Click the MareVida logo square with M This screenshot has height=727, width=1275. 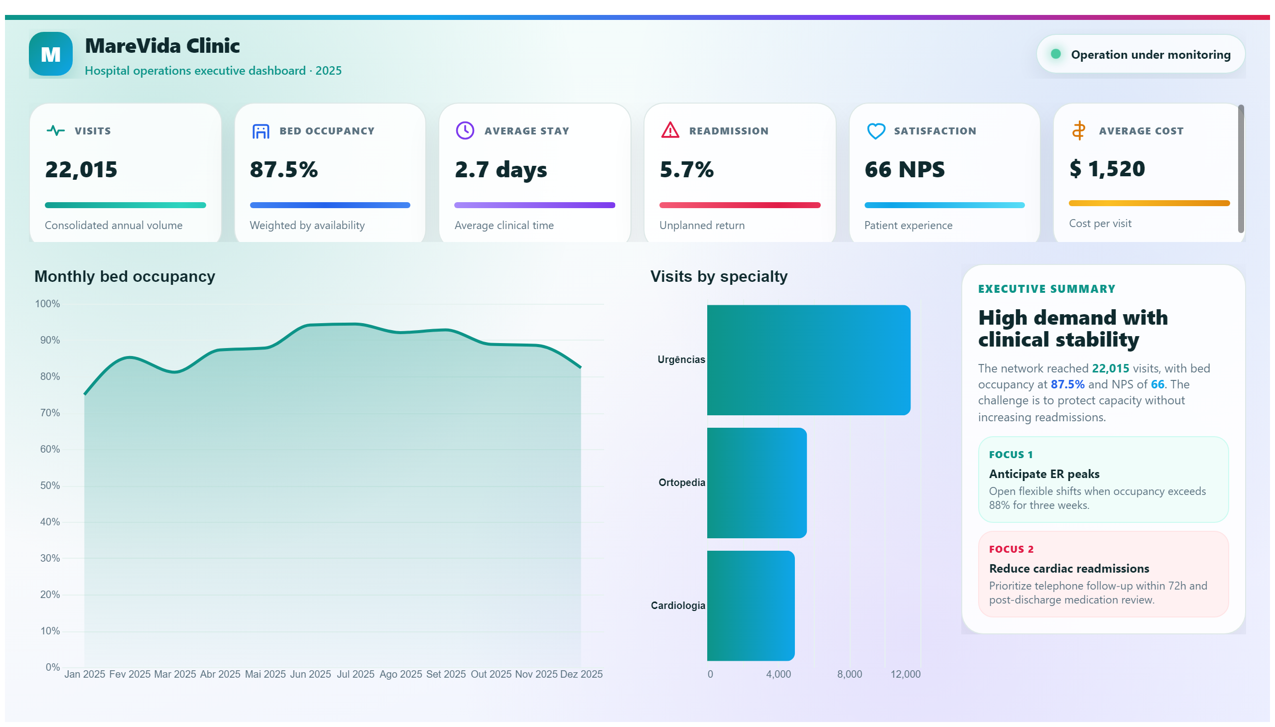tap(50, 54)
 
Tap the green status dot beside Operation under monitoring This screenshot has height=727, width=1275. tap(1055, 54)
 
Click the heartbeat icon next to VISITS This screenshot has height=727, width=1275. tap(55, 131)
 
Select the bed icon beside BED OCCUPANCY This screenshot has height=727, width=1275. tap(260, 131)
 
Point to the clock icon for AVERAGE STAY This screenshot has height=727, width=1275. tap(465, 130)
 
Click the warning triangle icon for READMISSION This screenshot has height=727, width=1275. tap(670, 130)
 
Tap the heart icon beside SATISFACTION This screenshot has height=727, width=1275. tap(876, 131)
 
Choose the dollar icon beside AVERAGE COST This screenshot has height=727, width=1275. tap(1079, 130)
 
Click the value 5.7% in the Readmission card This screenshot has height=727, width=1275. tap(687, 169)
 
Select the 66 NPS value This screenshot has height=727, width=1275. tap(904, 169)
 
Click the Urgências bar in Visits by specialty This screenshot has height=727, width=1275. tap(808, 360)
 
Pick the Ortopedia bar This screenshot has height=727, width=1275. tap(757, 483)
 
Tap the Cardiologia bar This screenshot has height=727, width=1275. tap(751, 606)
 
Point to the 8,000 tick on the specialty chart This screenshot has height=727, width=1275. tap(850, 674)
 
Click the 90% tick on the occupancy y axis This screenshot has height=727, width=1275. tap(50, 340)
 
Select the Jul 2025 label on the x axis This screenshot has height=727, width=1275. tap(356, 674)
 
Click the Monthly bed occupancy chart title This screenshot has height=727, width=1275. tap(125, 276)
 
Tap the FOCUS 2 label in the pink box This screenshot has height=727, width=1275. tap(1012, 549)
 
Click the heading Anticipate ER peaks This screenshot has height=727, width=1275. tap(1044, 474)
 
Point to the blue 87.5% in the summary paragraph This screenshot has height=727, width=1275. tap(1067, 384)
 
